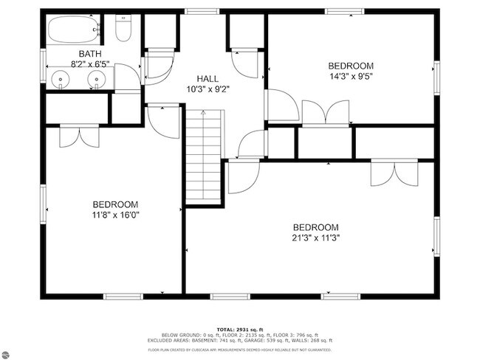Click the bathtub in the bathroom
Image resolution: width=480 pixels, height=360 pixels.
(x=75, y=30)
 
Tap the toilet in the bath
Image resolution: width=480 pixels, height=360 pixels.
(x=124, y=29)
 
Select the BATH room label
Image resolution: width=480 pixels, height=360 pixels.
(x=91, y=54)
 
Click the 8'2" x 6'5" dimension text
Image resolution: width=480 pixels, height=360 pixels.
(x=91, y=64)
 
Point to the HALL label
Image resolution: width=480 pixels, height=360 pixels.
(x=208, y=79)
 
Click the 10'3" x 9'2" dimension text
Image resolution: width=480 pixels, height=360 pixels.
(x=208, y=90)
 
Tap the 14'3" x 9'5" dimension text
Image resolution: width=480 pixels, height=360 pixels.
(x=351, y=76)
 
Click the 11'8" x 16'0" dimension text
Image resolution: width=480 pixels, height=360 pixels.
(x=115, y=215)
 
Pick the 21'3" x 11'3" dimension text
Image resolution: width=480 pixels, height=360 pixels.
(x=315, y=238)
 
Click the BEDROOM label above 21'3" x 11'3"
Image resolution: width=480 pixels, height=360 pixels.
(x=315, y=226)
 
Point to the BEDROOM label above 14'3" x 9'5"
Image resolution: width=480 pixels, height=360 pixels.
(x=351, y=66)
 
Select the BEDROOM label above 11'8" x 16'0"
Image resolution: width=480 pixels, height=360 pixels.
(x=115, y=204)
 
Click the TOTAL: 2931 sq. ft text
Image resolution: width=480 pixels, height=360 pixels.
(x=240, y=329)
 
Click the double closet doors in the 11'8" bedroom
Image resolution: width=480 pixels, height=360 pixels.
(x=78, y=136)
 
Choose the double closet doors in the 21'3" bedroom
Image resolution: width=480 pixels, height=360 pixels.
(x=394, y=173)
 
